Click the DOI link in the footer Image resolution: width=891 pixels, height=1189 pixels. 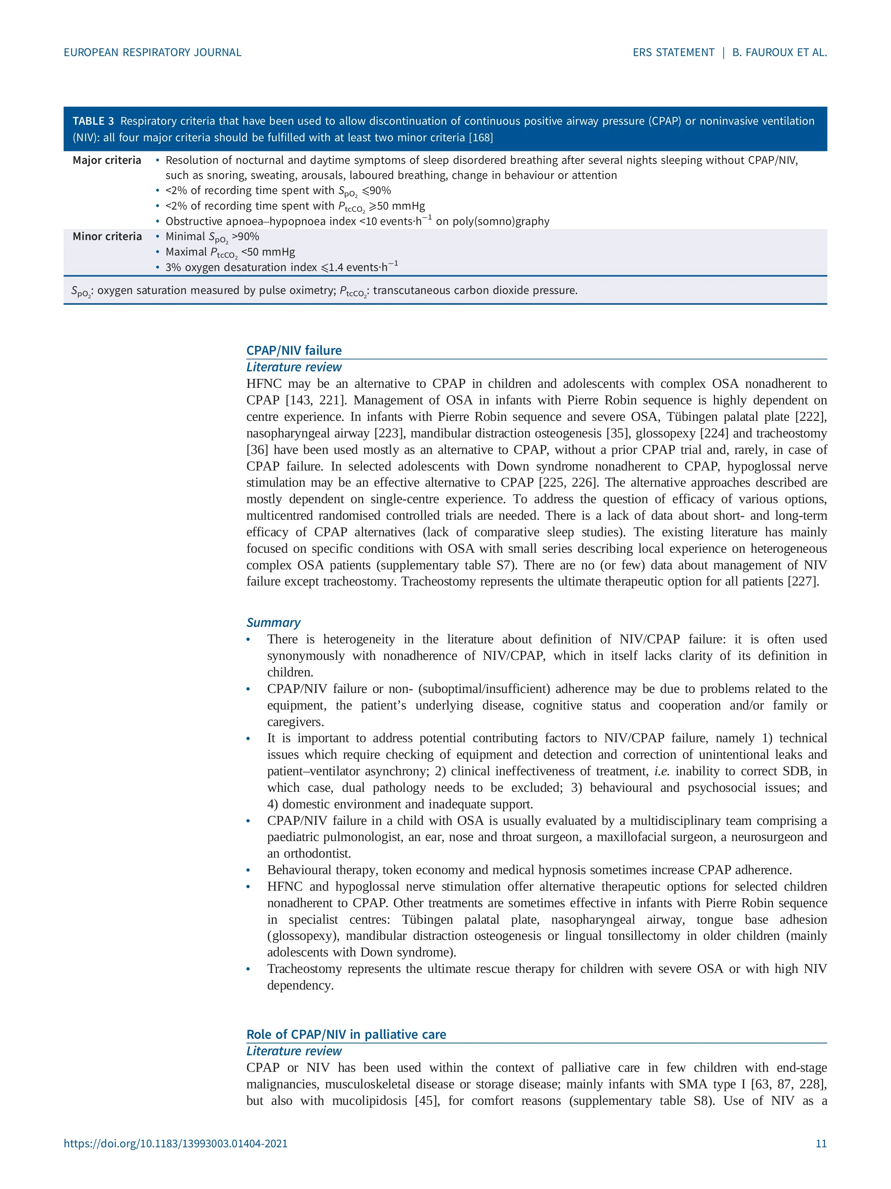[x=176, y=1144]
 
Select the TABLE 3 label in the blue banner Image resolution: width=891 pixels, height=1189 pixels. [x=93, y=121]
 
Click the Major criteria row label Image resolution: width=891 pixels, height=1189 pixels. [x=107, y=160]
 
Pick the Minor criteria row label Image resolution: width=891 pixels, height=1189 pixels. [x=107, y=237]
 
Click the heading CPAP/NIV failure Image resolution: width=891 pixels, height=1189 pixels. [x=294, y=350]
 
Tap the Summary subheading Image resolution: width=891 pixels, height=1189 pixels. [x=273, y=623]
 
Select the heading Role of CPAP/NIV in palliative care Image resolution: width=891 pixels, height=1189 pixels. [x=346, y=1034]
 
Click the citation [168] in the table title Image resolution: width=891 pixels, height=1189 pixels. [x=481, y=138]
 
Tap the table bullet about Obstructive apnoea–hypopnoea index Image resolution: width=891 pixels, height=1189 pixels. [x=357, y=221]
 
